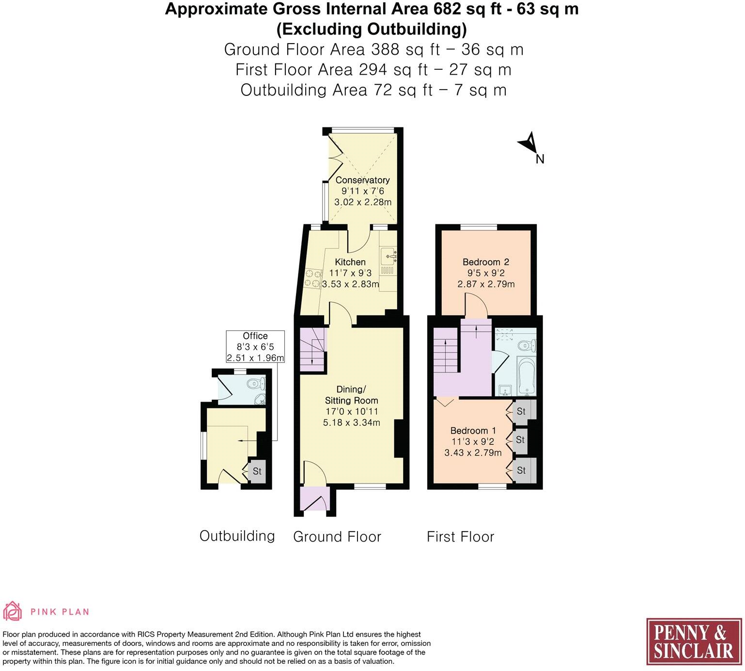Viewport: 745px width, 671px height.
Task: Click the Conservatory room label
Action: coord(362,180)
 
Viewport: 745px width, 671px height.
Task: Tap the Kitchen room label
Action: coord(350,262)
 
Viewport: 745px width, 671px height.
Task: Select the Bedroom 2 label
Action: coord(486,262)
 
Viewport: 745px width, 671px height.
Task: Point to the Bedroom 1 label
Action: coord(473,431)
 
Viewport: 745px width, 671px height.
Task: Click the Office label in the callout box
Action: coord(255,336)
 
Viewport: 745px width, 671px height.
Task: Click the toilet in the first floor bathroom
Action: coord(526,345)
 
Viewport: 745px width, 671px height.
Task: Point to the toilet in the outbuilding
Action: coord(256,384)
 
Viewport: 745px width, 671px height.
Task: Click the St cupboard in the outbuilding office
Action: coord(257,471)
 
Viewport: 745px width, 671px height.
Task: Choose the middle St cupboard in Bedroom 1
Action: coord(520,440)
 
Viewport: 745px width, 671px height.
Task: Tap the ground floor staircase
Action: coord(311,350)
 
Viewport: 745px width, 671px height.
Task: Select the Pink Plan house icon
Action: coord(12,611)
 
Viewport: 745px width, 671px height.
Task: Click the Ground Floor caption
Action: coord(337,537)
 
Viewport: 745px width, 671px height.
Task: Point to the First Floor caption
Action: coord(460,537)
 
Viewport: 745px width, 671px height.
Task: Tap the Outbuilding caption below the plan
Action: coord(237,536)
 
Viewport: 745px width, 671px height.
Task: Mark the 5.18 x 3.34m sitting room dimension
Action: coord(351,422)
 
